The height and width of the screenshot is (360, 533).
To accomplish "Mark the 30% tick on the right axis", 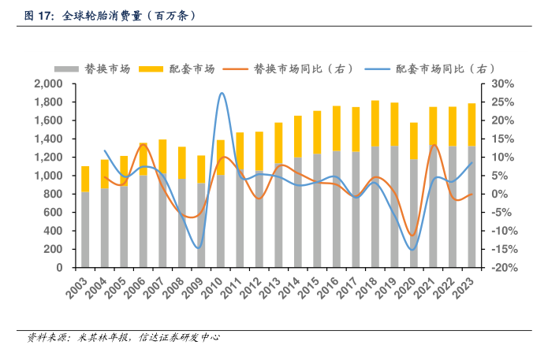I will click(x=502, y=84).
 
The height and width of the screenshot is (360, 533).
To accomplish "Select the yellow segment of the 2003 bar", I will click(x=85, y=179).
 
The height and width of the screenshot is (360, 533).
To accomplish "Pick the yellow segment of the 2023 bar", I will click(x=471, y=124).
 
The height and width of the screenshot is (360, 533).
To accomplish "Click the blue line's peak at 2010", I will click(x=222, y=93).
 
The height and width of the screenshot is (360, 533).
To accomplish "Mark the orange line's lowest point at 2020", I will click(x=412, y=235).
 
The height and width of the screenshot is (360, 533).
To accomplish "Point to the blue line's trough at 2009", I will click(x=201, y=247).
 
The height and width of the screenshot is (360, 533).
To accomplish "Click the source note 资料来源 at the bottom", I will click(x=122, y=337).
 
